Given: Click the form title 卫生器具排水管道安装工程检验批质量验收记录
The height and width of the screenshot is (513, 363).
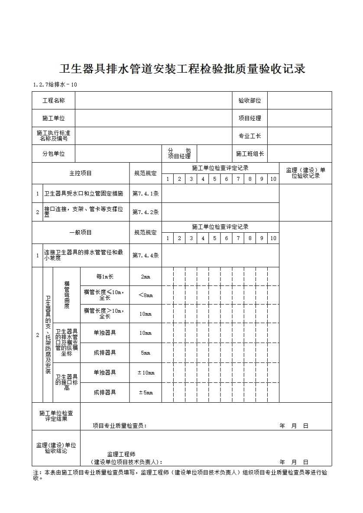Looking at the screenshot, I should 182,69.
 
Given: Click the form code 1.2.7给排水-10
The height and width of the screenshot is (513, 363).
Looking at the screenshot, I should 55,84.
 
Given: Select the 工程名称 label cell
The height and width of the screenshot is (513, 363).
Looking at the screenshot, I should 54,100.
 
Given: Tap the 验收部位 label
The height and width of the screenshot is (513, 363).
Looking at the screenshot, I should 250,100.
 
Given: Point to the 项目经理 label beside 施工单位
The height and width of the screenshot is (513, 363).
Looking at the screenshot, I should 250,118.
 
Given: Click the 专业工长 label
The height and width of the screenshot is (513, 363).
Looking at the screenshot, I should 250,136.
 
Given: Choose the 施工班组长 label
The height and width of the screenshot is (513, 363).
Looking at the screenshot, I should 250,154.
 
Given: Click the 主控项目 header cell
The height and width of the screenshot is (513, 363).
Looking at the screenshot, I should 81,173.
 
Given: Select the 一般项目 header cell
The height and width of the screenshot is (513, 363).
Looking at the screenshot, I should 81,232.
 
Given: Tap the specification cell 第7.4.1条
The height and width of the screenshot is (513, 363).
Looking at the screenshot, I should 146,194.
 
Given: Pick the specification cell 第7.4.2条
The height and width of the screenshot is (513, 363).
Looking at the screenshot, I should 146,212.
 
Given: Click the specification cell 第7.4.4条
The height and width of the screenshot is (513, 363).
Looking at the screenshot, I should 146,255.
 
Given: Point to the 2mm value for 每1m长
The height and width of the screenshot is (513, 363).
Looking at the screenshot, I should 146,276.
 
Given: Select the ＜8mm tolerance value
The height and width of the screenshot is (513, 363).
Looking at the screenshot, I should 146,295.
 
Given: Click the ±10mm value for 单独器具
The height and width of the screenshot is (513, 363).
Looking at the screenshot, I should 146,372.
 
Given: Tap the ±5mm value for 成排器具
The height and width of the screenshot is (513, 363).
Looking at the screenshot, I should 146,392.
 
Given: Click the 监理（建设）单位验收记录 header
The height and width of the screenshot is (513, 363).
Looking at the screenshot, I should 305,173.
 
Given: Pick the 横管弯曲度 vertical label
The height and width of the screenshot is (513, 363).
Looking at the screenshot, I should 67,295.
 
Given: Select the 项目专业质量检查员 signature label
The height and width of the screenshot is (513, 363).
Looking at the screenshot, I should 120,426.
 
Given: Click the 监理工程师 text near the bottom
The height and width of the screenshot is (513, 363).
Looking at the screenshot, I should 121,454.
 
